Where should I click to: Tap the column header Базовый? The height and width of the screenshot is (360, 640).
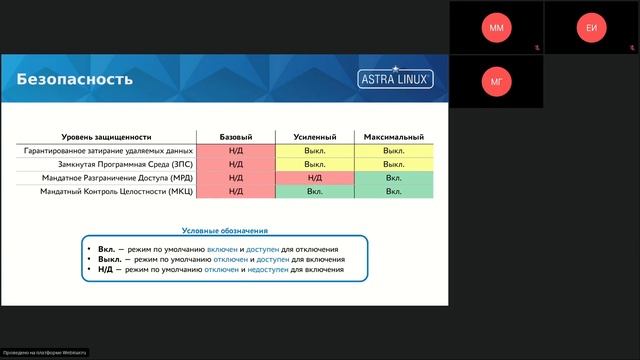(236, 137)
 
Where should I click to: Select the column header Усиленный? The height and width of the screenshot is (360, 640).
(315, 137)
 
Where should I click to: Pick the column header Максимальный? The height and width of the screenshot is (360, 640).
(393, 137)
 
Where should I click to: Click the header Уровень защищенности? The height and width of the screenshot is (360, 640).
(107, 137)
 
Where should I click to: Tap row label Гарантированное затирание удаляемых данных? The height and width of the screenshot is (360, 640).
(108, 150)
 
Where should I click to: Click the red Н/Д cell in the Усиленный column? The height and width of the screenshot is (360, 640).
(315, 177)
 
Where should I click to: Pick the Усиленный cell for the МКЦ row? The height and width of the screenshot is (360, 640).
(315, 191)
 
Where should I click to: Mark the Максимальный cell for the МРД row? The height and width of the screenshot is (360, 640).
(393, 177)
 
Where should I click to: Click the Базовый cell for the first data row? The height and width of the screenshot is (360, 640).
(236, 150)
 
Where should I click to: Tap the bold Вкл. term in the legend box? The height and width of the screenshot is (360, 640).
(107, 249)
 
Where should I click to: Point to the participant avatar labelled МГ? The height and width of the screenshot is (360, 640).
(496, 81)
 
